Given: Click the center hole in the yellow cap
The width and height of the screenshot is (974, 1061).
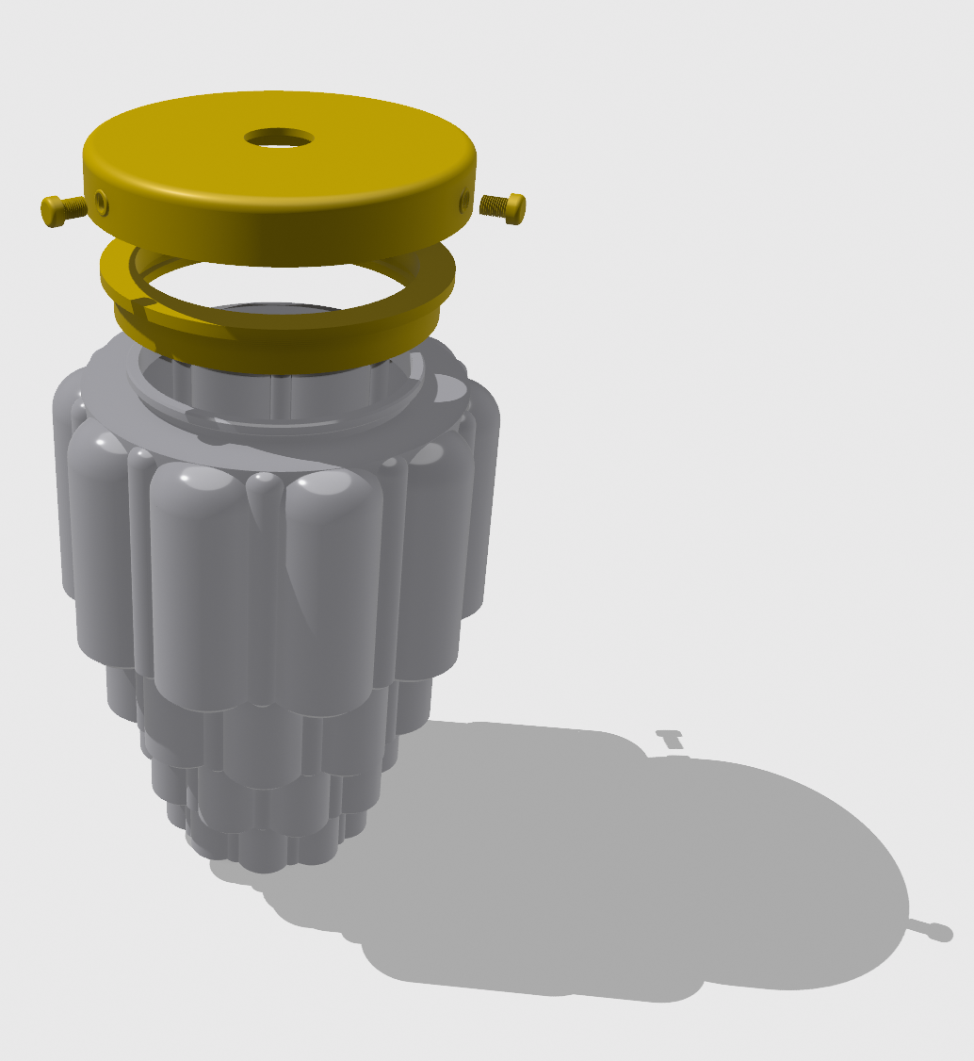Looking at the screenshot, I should [x=279, y=138].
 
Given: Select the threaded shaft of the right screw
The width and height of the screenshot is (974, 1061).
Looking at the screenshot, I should [x=493, y=204].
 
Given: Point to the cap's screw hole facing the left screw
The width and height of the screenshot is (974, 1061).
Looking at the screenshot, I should [x=100, y=199].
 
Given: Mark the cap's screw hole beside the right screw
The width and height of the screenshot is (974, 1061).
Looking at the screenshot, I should [x=463, y=199].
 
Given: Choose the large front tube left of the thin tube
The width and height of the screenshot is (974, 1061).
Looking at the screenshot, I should [x=198, y=584].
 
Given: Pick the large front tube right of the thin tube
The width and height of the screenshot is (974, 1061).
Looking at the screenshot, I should [x=334, y=584].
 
